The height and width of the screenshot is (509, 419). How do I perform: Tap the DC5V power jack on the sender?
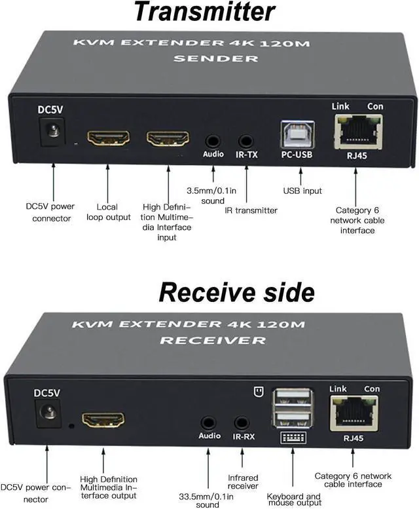click(52, 132)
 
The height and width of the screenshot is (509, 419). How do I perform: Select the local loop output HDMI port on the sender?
click(108, 138)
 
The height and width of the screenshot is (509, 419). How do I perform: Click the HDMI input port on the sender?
click(168, 138)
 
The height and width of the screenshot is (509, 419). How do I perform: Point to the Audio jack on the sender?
click(213, 140)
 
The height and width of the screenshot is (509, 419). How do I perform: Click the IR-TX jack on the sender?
click(246, 140)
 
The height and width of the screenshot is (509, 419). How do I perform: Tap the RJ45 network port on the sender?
click(357, 130)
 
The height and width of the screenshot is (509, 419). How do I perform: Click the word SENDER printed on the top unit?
click(208, 58)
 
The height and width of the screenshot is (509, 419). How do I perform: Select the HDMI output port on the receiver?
click(103, 419)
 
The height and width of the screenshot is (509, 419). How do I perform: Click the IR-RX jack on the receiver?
click(242, 423)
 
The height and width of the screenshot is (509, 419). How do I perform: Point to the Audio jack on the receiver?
click(209, 423)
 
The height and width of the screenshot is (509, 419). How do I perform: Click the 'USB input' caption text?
click(302, 191)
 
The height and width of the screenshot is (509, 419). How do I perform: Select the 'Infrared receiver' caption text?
click(243, 482)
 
